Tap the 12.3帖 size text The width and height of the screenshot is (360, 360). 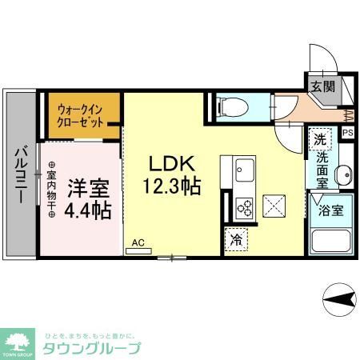pyautogui.click(x=171, y=187)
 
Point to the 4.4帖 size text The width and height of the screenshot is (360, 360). pyautogui.click(x=87, y=212)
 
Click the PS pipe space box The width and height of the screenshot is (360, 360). pyautogui.click(x=348, y=134)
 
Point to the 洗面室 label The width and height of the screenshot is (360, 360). pyautogui.click(x=322, y=170)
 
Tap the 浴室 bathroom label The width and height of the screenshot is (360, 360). pyautogui.click(x=331, y=211)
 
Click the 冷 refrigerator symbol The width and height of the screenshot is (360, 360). pyautogui.click(x=237, y=239)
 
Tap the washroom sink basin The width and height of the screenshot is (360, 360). pyautogui.click(x=343, y=175)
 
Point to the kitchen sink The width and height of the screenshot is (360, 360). pyautogui.click(x=243, y=170)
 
